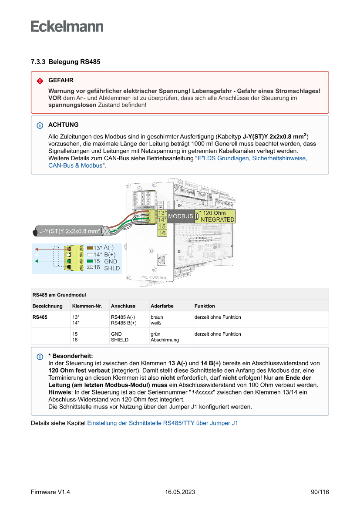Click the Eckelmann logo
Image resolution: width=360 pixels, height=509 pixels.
[67, 27]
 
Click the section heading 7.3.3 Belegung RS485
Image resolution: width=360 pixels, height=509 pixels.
[65, 62]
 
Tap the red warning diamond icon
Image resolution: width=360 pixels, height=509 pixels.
[40, 81]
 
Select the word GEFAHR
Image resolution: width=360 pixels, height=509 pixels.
[61, 81]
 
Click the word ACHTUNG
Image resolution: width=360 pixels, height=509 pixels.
[64, 125]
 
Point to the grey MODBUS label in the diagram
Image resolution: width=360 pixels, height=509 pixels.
[180, 216]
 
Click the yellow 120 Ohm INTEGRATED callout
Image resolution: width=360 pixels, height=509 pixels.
[216, 216]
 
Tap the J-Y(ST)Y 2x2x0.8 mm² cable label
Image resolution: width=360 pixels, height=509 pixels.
[70, 231]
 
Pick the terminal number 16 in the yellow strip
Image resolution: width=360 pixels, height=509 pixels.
[162, 233]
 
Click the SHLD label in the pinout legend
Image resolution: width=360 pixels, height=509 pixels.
[112, 268]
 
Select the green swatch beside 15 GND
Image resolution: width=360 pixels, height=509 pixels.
[90, 261]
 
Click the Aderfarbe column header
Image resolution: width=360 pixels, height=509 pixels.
[162, 306]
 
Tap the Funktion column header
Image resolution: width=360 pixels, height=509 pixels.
[205, 306]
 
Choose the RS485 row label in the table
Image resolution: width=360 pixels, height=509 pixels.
[40, 317]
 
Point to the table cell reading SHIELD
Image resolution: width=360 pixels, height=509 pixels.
[120, 340]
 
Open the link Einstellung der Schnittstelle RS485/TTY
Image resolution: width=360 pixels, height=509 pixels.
[162, 422]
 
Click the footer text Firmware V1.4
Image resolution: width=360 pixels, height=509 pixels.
[50, 492]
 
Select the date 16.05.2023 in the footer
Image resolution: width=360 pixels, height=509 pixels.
[180, 492]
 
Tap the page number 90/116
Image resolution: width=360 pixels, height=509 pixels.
[320, 492]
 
